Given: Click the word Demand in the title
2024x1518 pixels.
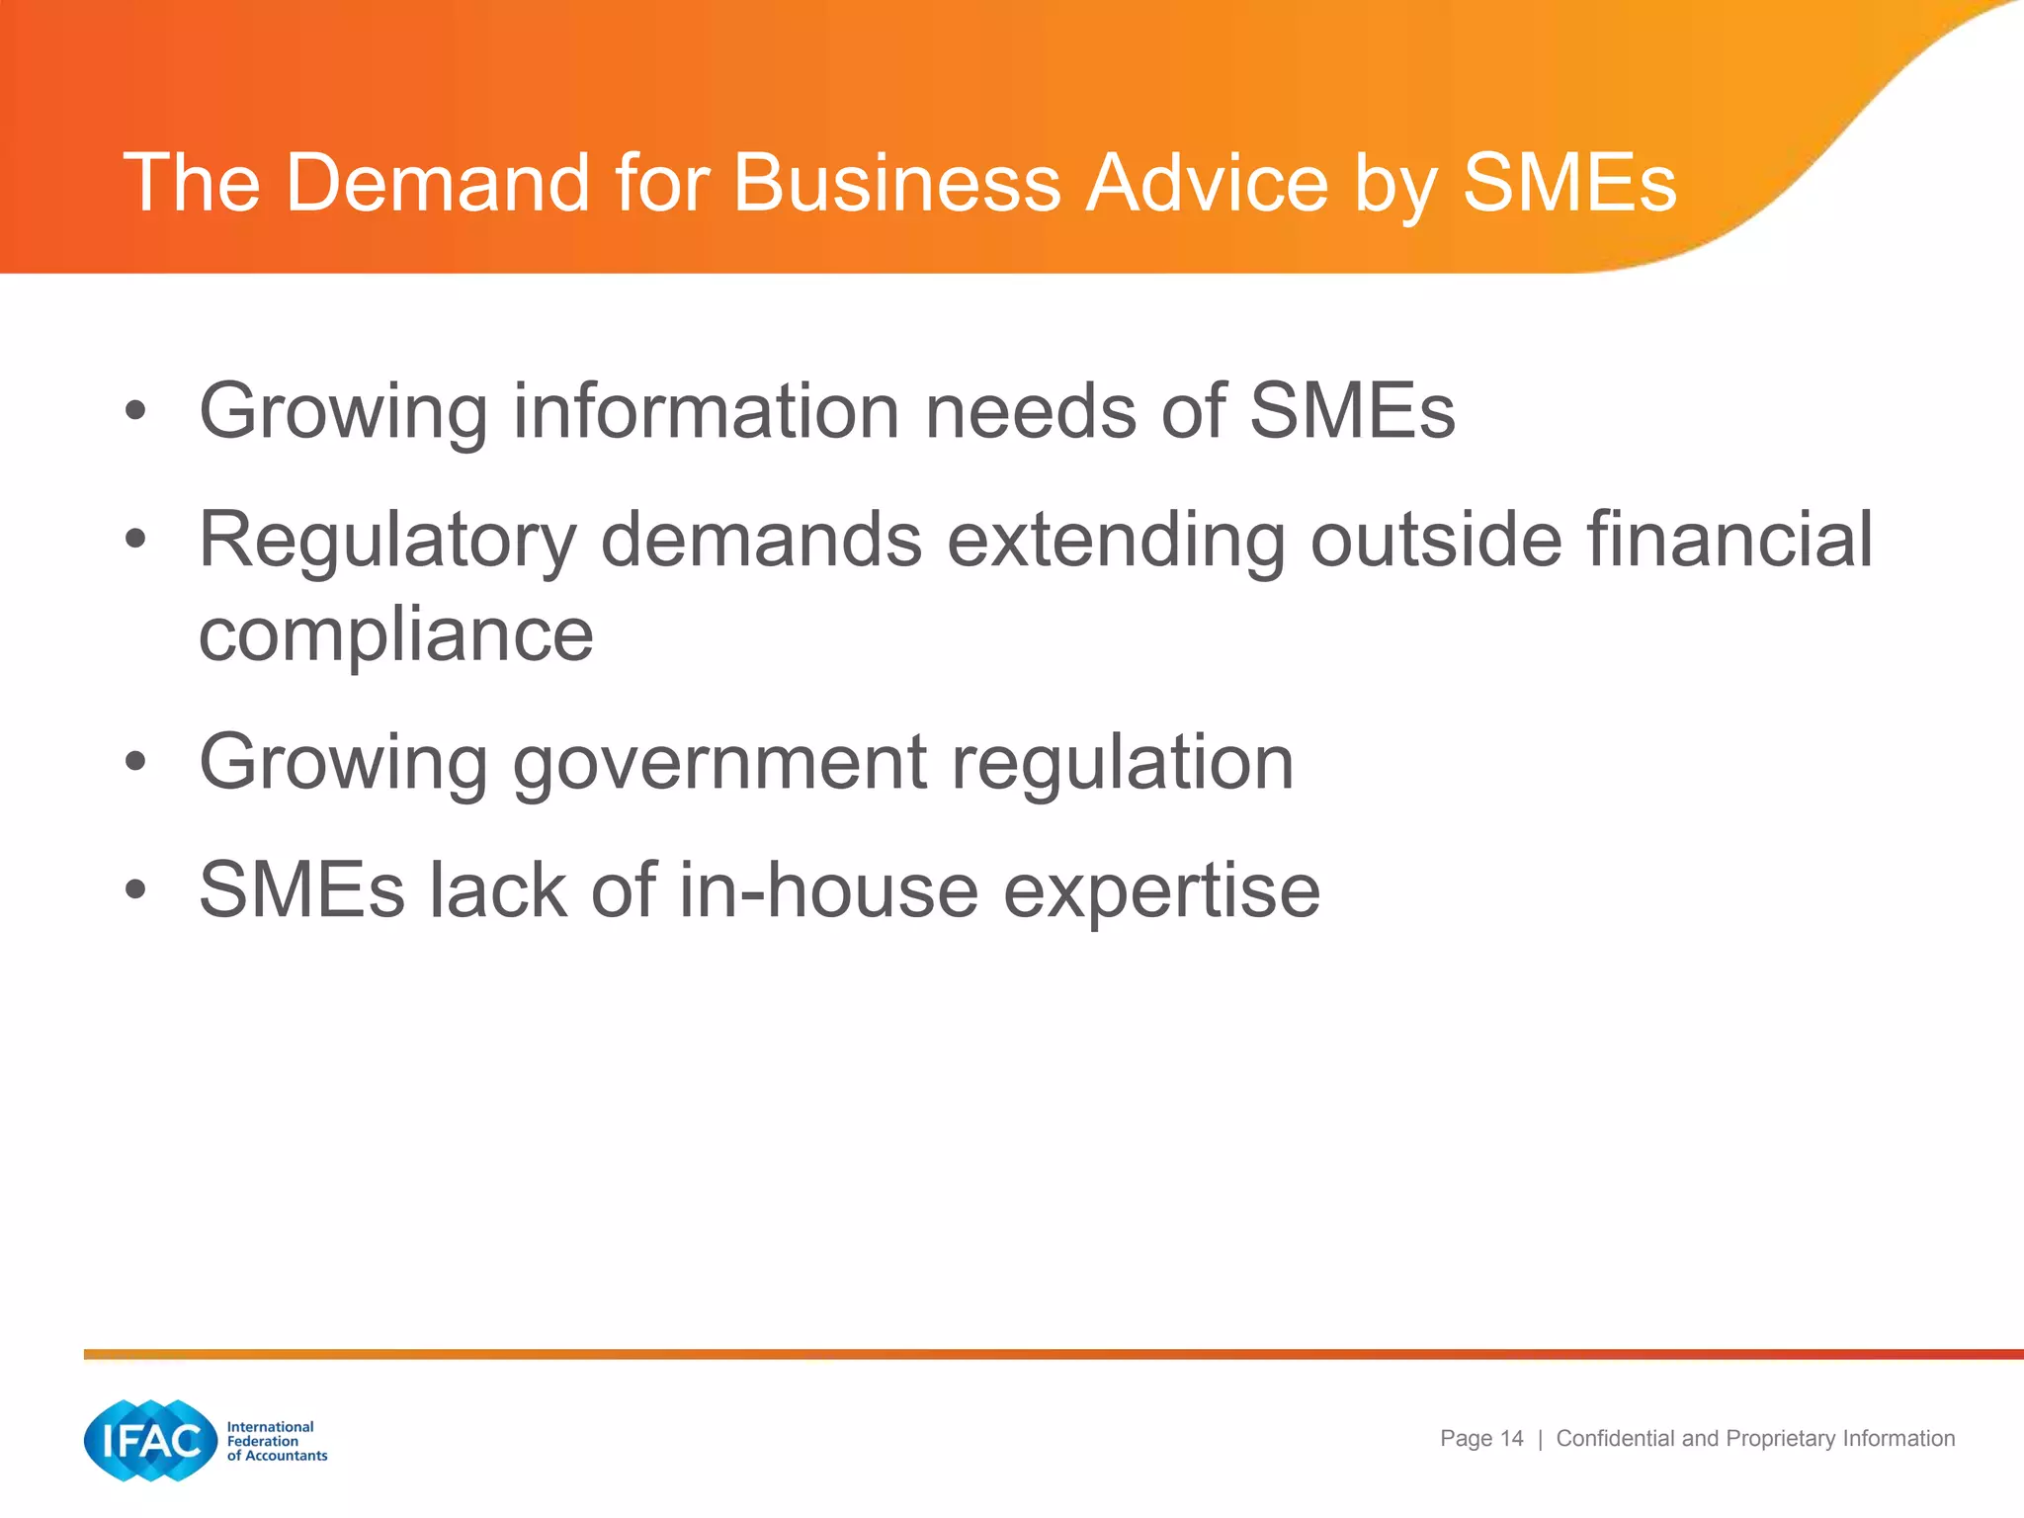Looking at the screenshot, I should [x=438, y=183].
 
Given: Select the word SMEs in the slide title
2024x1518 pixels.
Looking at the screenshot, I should [x=1569, y=183].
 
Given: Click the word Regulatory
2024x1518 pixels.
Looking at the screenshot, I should [x=387, y=541].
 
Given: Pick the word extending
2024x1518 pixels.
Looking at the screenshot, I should [x=1116, y=541].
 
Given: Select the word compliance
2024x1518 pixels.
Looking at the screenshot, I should [x=396, y=634].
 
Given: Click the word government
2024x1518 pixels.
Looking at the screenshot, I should [x=720, y=762].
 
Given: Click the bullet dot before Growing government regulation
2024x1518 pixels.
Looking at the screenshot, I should [x=135, y=763].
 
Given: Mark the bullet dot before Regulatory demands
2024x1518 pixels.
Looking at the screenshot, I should [x=135, y=540].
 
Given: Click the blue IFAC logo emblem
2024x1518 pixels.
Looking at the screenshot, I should [x=150, y=1440].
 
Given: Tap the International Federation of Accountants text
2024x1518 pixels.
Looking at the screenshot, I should [x=276, y=1441].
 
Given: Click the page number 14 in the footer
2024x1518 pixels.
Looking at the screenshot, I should [x=1511, y=1438].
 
